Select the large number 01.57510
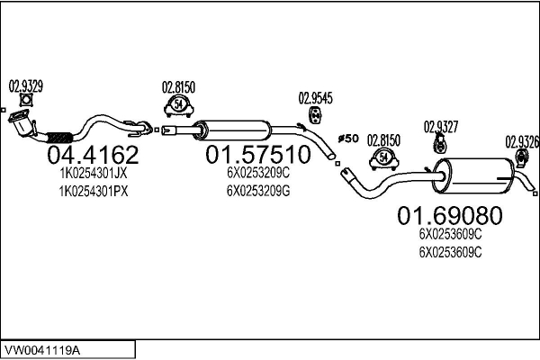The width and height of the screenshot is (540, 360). [258, 156]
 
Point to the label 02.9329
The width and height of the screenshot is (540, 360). [26, 86]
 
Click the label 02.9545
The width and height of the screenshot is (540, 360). [315, 98]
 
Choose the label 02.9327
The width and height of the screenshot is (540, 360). [441, 126]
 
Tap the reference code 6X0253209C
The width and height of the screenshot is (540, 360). [258, 173]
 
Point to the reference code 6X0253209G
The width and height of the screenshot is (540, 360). [258, 190]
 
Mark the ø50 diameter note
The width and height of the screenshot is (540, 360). [348, 138]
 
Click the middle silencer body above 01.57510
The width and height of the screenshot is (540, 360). [235, 128]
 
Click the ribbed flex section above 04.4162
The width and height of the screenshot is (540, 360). [58, 138]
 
